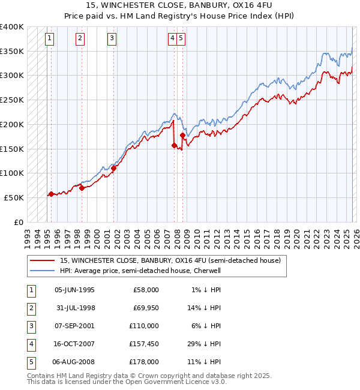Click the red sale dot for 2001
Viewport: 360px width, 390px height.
coord(113,168)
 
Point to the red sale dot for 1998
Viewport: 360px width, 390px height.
coord(82,188)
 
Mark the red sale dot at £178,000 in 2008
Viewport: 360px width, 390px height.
coord(182,135)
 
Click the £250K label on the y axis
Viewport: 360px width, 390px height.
coord(11,100)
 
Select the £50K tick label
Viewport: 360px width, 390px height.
coord(13,197)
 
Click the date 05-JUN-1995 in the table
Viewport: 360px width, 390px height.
coord(74,290)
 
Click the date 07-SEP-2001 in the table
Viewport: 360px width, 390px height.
coord(74,326)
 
